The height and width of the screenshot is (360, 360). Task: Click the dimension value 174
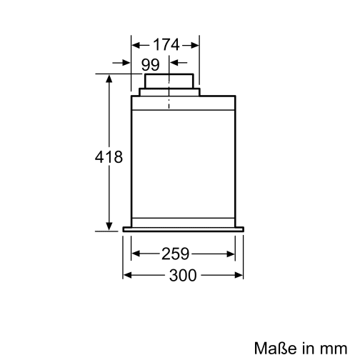165,44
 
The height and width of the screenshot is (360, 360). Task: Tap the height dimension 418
109,157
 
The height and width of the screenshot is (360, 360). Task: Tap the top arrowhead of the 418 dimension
109,78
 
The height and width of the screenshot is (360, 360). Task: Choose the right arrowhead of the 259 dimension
232,253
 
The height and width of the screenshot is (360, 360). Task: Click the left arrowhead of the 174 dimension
136,44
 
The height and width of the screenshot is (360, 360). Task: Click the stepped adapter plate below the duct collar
169,92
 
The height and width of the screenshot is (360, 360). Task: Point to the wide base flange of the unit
184,229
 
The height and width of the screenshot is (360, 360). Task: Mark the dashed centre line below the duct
169,104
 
